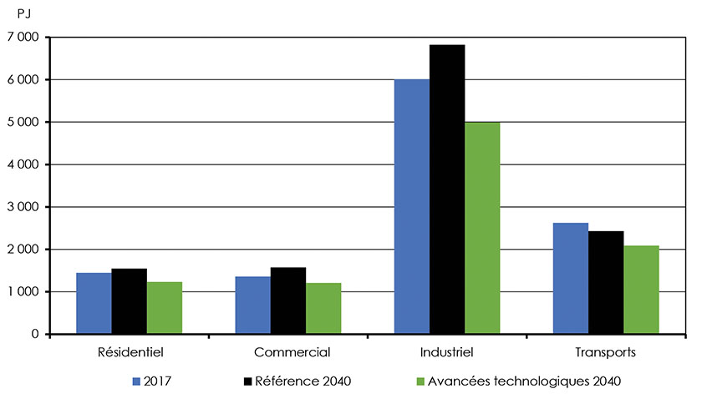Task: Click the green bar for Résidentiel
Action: point(165,308)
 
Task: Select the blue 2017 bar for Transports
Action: point(571,279)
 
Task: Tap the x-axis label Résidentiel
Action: point(130,352)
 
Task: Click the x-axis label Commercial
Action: point(288,352)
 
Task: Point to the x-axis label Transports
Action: point(606,352)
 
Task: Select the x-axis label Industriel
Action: point(447,352)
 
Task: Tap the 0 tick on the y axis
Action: point(35,334)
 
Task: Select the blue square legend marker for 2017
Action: point(136,381)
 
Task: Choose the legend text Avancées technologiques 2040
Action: point(525,381)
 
